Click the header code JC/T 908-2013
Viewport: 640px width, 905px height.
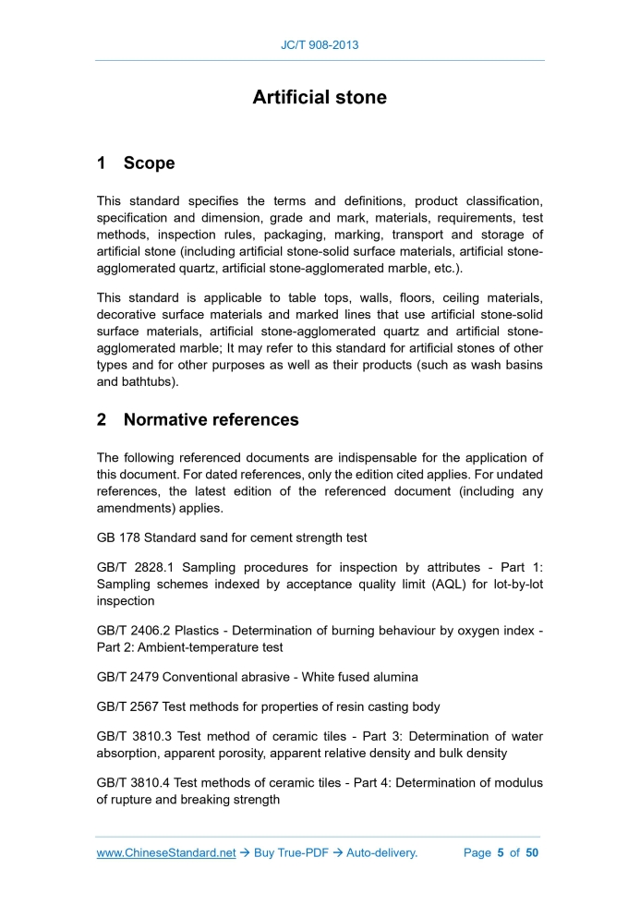320,44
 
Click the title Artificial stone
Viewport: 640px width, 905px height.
320,97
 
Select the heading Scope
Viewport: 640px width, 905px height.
149,163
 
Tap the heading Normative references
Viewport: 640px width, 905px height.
211,419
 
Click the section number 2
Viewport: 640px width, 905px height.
102,419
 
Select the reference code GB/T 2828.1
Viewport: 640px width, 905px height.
136,567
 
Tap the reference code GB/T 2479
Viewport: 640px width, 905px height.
128,677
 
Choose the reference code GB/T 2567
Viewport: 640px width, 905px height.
128,706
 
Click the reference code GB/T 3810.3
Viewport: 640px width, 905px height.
136,736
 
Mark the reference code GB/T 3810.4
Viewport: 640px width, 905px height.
136,782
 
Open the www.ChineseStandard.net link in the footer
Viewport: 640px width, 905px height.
166,852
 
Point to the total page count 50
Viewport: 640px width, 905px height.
531,852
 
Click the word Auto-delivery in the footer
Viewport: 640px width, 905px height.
381,852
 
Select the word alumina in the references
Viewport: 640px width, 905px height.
394,677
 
